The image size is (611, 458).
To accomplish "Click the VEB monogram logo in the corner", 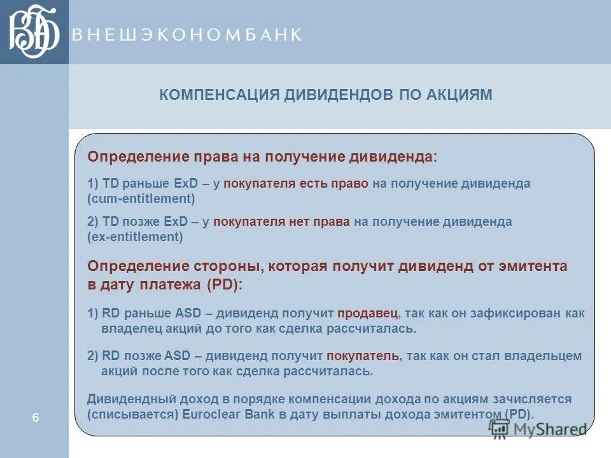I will tap(34, 32).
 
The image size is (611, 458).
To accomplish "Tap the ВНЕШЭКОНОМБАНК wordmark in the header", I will tap(186, 34).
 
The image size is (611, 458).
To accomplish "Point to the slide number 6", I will tap(36, 417).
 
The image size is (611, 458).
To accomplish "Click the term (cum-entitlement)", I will tap(141, 198).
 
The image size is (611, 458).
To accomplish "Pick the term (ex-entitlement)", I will tap(135, 237).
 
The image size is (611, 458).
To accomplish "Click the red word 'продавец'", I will tap(368, 313).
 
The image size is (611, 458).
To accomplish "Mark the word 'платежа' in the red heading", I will tap(169, 284).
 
